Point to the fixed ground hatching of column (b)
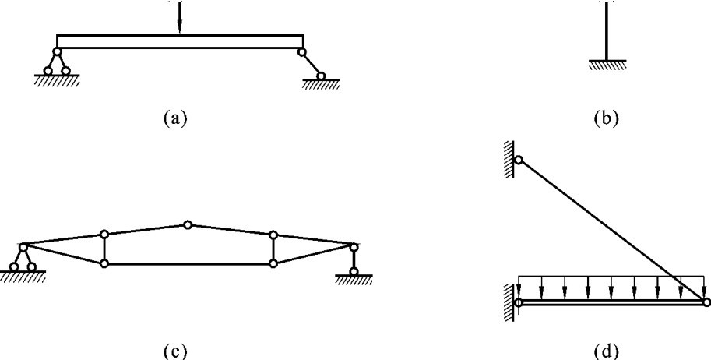click(603, 66)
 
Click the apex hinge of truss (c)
click(187, 224)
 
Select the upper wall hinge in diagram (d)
click(518, 161)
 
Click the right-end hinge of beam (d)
click(705, 302)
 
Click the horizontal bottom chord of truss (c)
click(187, 264)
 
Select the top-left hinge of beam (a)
click(57, 52)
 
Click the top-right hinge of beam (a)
click(301, 52)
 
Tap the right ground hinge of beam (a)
click(319, 76)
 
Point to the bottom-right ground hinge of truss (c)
click(354, 271)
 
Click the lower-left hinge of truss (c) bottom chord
click(104, 264)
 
